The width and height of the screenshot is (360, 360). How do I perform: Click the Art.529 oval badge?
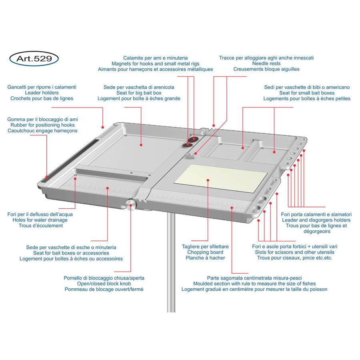34,58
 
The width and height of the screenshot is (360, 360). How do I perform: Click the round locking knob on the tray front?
131,204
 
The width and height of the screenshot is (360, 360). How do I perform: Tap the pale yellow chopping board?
221,179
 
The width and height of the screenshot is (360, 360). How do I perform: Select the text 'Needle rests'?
266,64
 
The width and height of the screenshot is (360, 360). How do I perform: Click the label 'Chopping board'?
205,252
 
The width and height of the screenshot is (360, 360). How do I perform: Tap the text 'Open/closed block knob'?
104,284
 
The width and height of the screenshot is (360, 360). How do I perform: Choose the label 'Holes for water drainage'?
40,220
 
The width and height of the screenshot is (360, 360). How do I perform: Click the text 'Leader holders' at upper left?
42,93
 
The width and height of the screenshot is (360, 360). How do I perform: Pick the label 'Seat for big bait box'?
139,93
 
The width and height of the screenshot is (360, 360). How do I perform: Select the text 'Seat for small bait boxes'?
307,93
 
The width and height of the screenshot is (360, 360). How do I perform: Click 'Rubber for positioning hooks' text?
42,125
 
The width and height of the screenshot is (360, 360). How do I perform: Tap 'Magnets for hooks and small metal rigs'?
156,64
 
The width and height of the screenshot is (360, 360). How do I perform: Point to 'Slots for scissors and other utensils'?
294,252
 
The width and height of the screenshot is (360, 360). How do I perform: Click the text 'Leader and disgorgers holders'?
316,220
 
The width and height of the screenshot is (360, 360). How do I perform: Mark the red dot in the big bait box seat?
141,145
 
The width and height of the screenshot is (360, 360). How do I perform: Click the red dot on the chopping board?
208,180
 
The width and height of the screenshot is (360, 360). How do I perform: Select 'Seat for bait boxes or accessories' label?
71,253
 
